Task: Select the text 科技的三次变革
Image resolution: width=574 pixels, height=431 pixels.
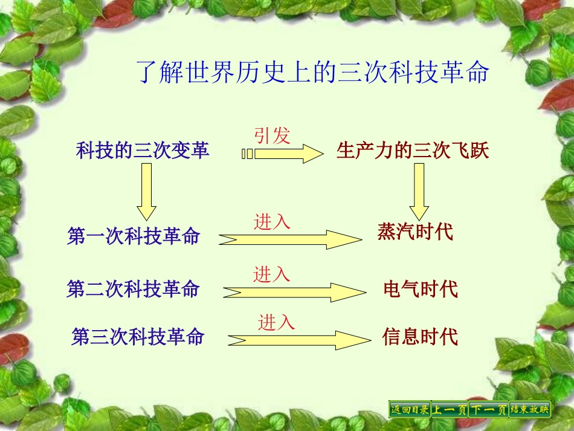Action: [143, 151]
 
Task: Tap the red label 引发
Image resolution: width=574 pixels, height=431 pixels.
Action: [272, 135]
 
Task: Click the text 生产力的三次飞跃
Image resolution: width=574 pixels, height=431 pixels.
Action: [413, 151]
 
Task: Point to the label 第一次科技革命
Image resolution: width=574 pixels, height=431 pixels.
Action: [134, 236]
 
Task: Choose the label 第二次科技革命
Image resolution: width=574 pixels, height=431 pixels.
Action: [133, 290]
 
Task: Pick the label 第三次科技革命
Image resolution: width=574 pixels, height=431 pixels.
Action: [138, 336]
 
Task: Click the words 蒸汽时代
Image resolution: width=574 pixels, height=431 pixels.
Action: [415, 232]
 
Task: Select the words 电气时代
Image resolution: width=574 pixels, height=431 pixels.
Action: [421, 289]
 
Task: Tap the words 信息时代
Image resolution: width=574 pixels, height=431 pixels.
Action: [420, 336]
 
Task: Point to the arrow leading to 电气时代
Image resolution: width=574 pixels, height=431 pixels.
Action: [294, 292]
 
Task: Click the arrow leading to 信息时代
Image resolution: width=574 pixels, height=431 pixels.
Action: [298, 340]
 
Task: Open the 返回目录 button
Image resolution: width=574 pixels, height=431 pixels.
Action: [409, 409]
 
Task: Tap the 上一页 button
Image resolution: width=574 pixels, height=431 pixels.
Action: [449, 409]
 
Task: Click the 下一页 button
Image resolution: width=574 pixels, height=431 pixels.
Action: [488, 409]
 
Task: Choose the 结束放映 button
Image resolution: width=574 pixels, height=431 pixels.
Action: [530, 409]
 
